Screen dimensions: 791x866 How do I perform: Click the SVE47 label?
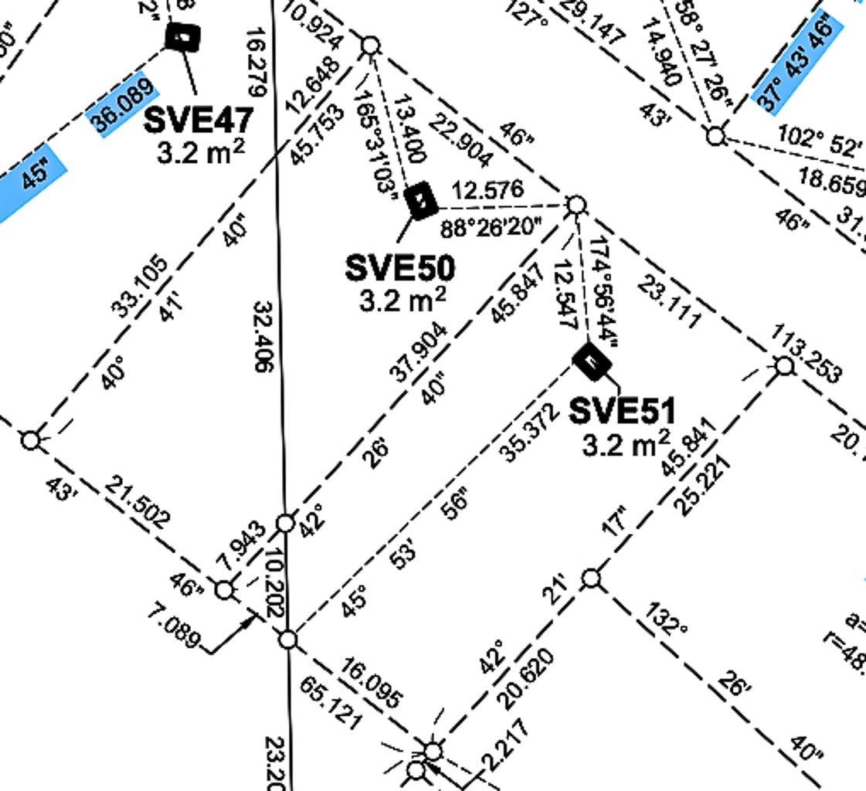tap(199, 120)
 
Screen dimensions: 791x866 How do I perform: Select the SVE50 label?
tap(399, 268)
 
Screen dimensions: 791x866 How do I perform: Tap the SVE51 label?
tap(622, 411)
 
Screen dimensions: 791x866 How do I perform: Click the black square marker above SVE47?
tap(184, 36)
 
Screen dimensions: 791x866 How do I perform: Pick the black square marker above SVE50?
tap(421, 201)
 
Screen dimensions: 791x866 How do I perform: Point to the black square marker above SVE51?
tap(592, 362)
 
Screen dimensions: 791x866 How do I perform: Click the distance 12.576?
tap(487, 190)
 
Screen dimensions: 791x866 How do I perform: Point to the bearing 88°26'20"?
tap(491, 227)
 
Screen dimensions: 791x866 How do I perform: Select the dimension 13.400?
tap(409, 130)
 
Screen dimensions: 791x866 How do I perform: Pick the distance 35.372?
tap(530, 433)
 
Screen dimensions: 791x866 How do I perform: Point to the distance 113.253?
tap(806, 354)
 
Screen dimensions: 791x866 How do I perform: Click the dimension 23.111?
tap(670, 302)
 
